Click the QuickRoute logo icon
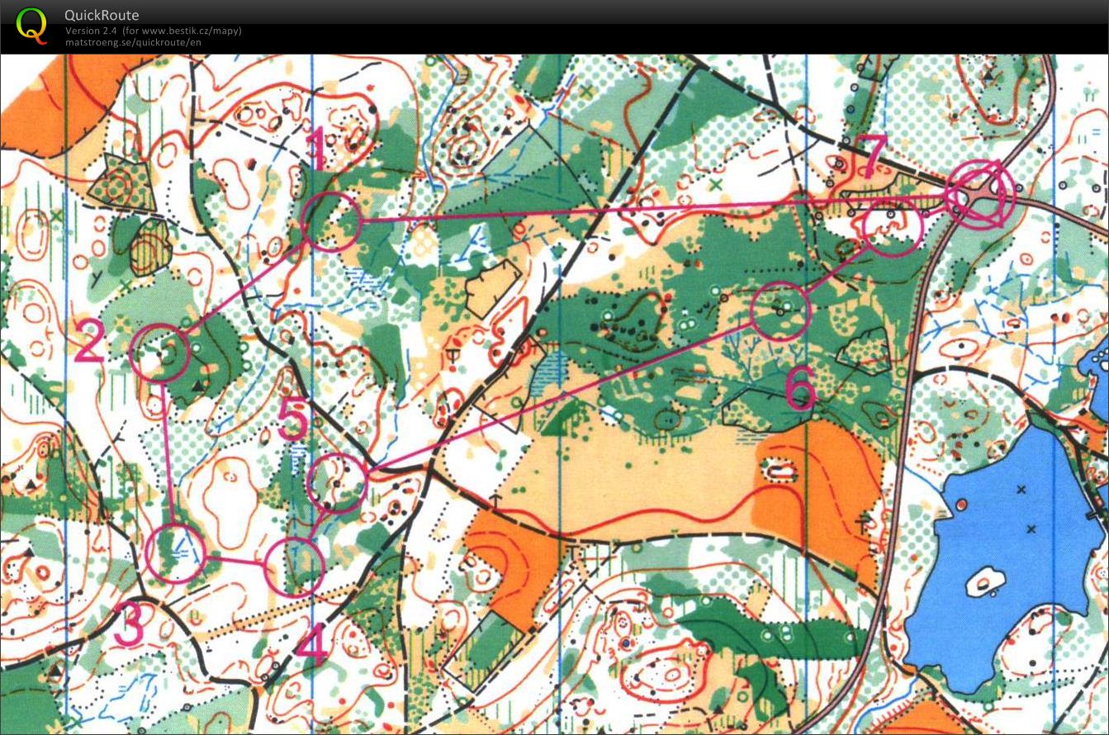[x=31, y=25]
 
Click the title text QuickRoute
[x=102, y=15]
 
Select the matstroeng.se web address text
[x=133, y=42]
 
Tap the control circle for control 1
[x=331, y=220]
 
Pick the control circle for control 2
[x=160, y=353]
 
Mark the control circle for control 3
[x=174, y=553]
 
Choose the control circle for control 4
[x=294, y=567]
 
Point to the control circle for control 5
[x=337, y=482]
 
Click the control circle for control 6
[x=780, y=311]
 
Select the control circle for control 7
[x=892, y=225]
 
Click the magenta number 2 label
[x=89, y=342]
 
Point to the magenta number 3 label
[x=128, y=625]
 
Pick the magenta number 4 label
[x=310, y=647]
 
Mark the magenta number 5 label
[x=293, y=420]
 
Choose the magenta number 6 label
[x=799, y=388]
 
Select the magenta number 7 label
[x=871, y=155]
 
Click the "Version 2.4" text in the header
[x=92, y=31]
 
